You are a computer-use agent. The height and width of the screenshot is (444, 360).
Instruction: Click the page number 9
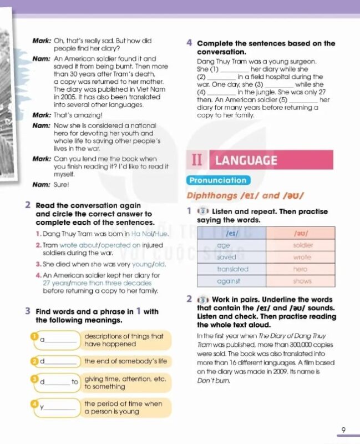point(343,429)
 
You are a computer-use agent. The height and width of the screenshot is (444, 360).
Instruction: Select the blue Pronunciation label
point(218,180)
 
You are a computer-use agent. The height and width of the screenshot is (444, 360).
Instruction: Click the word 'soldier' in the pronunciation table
point(302,245)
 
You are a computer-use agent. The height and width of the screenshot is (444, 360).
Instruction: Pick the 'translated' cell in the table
point(232,269)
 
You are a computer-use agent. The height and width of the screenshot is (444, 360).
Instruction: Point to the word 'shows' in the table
point(302,281)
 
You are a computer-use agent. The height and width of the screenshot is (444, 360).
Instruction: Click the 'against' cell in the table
point(229,281)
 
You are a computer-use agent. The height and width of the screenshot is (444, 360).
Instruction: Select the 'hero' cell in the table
point(300,269)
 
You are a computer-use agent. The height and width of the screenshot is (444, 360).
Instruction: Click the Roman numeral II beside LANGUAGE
point(197,160)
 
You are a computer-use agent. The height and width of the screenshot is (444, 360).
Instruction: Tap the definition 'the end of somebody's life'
point(125,361)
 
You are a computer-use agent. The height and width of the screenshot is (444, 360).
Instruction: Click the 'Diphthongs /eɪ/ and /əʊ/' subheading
point(245,196)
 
